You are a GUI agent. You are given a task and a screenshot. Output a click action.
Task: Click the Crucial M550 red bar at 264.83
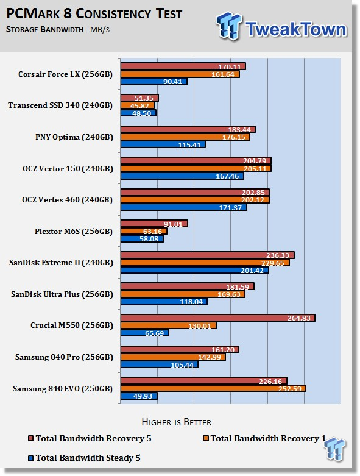217,318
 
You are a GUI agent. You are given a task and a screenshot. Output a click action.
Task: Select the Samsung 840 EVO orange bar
213,388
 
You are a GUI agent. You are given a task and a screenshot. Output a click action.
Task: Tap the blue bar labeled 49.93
139,396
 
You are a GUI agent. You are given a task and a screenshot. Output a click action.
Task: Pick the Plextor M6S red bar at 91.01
154,224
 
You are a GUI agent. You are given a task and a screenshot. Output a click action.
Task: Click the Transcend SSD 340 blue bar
138,113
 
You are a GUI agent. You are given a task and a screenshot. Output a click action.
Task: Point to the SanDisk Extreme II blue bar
195,270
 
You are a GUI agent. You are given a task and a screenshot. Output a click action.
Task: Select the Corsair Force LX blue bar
154,81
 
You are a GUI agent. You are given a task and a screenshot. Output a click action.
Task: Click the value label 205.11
255,168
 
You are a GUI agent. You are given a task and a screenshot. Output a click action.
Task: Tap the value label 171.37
230,208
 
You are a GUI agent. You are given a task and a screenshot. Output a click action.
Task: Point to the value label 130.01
200,325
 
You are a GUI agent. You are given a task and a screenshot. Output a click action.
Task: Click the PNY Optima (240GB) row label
74,137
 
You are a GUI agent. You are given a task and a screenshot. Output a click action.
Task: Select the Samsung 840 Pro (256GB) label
64,357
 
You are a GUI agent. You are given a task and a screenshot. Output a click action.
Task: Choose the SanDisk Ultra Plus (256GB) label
62,294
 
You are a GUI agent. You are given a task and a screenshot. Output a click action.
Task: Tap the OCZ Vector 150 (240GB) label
68,168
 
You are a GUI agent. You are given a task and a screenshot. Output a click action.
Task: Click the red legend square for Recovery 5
30,438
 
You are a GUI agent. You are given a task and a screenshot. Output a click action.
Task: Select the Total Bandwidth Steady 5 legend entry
84,458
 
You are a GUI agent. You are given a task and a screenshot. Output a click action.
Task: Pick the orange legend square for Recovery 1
206,438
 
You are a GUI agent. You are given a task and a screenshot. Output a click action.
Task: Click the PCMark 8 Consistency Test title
94,13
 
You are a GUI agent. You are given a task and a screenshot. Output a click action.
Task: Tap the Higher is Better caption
176,422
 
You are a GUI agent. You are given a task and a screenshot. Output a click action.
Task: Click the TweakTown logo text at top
295,29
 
